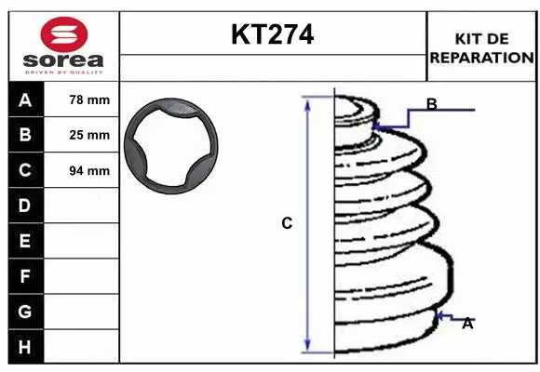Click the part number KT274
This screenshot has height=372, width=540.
click(272, 34)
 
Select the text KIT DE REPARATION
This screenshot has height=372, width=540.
click(481, 47)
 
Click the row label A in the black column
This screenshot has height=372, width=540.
click(24, 100)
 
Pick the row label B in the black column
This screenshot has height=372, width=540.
click(24, 135)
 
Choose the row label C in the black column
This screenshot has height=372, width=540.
click(24, 170)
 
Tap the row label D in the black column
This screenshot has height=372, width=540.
click(24, 206)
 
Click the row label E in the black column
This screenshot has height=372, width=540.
click(24, 241)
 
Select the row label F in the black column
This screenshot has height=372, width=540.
click(24, 276)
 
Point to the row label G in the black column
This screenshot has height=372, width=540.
click(24, 311)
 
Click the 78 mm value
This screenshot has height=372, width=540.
click(89, 100)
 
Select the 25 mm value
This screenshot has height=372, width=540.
click(89, 135)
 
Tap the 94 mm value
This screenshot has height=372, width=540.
click(89, 170)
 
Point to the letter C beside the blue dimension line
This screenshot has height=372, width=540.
click(287, 223)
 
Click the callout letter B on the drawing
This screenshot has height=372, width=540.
click(431, 104)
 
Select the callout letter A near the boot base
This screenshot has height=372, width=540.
click(467, 324)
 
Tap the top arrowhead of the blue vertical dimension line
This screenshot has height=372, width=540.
click(306, 100)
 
